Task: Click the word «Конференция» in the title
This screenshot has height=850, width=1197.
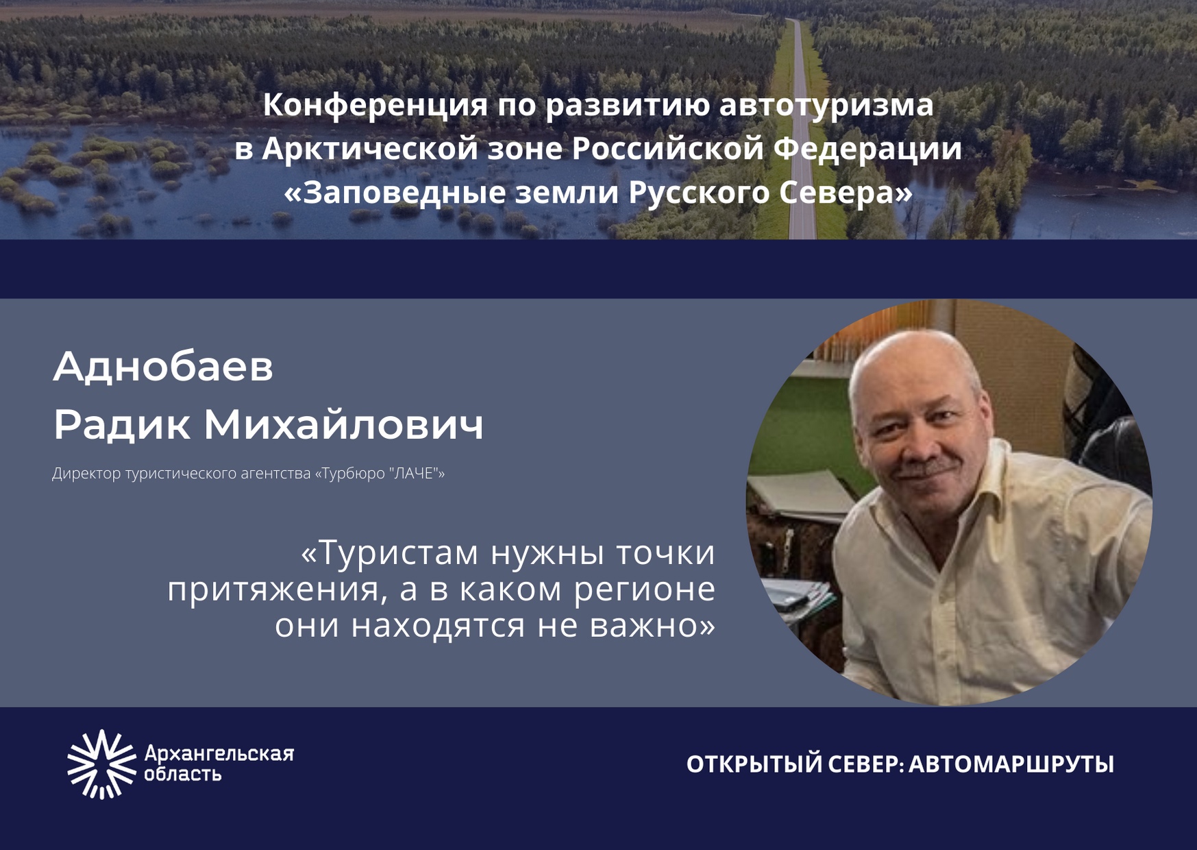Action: [x=375, y=106]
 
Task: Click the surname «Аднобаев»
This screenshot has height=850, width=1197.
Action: [x=163, y=366]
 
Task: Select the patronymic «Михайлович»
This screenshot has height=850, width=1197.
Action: [x=344, y=424]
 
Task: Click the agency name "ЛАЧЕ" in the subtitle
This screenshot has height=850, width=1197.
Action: [x=414, y=473]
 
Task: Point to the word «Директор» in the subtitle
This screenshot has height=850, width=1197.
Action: [x=87, y=474]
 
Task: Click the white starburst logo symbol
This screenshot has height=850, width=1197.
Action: [x=102, y=764]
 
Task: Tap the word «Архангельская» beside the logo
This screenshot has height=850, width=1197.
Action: [x=219, y=754]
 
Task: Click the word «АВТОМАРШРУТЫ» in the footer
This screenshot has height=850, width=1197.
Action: [x=1011, y=764]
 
